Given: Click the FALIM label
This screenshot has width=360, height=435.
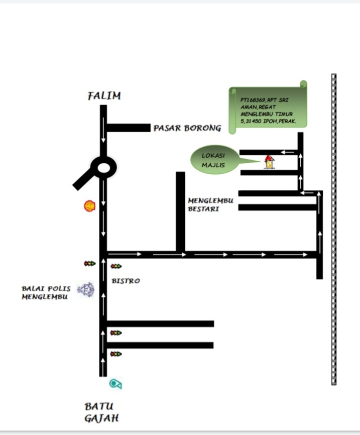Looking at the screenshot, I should pos(104,96).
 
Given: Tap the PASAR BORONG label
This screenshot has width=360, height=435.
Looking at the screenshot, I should pos(187,128).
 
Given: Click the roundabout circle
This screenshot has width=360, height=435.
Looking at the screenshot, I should pos(103,167).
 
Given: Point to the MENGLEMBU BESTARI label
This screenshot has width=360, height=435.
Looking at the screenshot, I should pos(203,204).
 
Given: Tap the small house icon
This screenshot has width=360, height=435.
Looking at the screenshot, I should pos(270,162).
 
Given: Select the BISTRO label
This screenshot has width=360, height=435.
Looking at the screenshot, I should pos(126,281).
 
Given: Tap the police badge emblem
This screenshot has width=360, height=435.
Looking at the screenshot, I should pos(86,290).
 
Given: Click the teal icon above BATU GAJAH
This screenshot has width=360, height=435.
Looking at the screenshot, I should pos(116,384).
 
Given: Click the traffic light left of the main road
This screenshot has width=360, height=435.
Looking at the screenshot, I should pos(90,263).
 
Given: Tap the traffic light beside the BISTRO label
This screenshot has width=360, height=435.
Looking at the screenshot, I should pos(116,267).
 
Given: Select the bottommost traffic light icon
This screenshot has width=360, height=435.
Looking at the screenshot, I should pos(116,354).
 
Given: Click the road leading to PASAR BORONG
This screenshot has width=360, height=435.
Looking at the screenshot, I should pos(129,128).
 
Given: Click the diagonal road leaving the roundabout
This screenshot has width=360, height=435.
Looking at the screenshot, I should pos(83,180).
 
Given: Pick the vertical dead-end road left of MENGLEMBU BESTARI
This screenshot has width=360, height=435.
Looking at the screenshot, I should pos(180,211).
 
